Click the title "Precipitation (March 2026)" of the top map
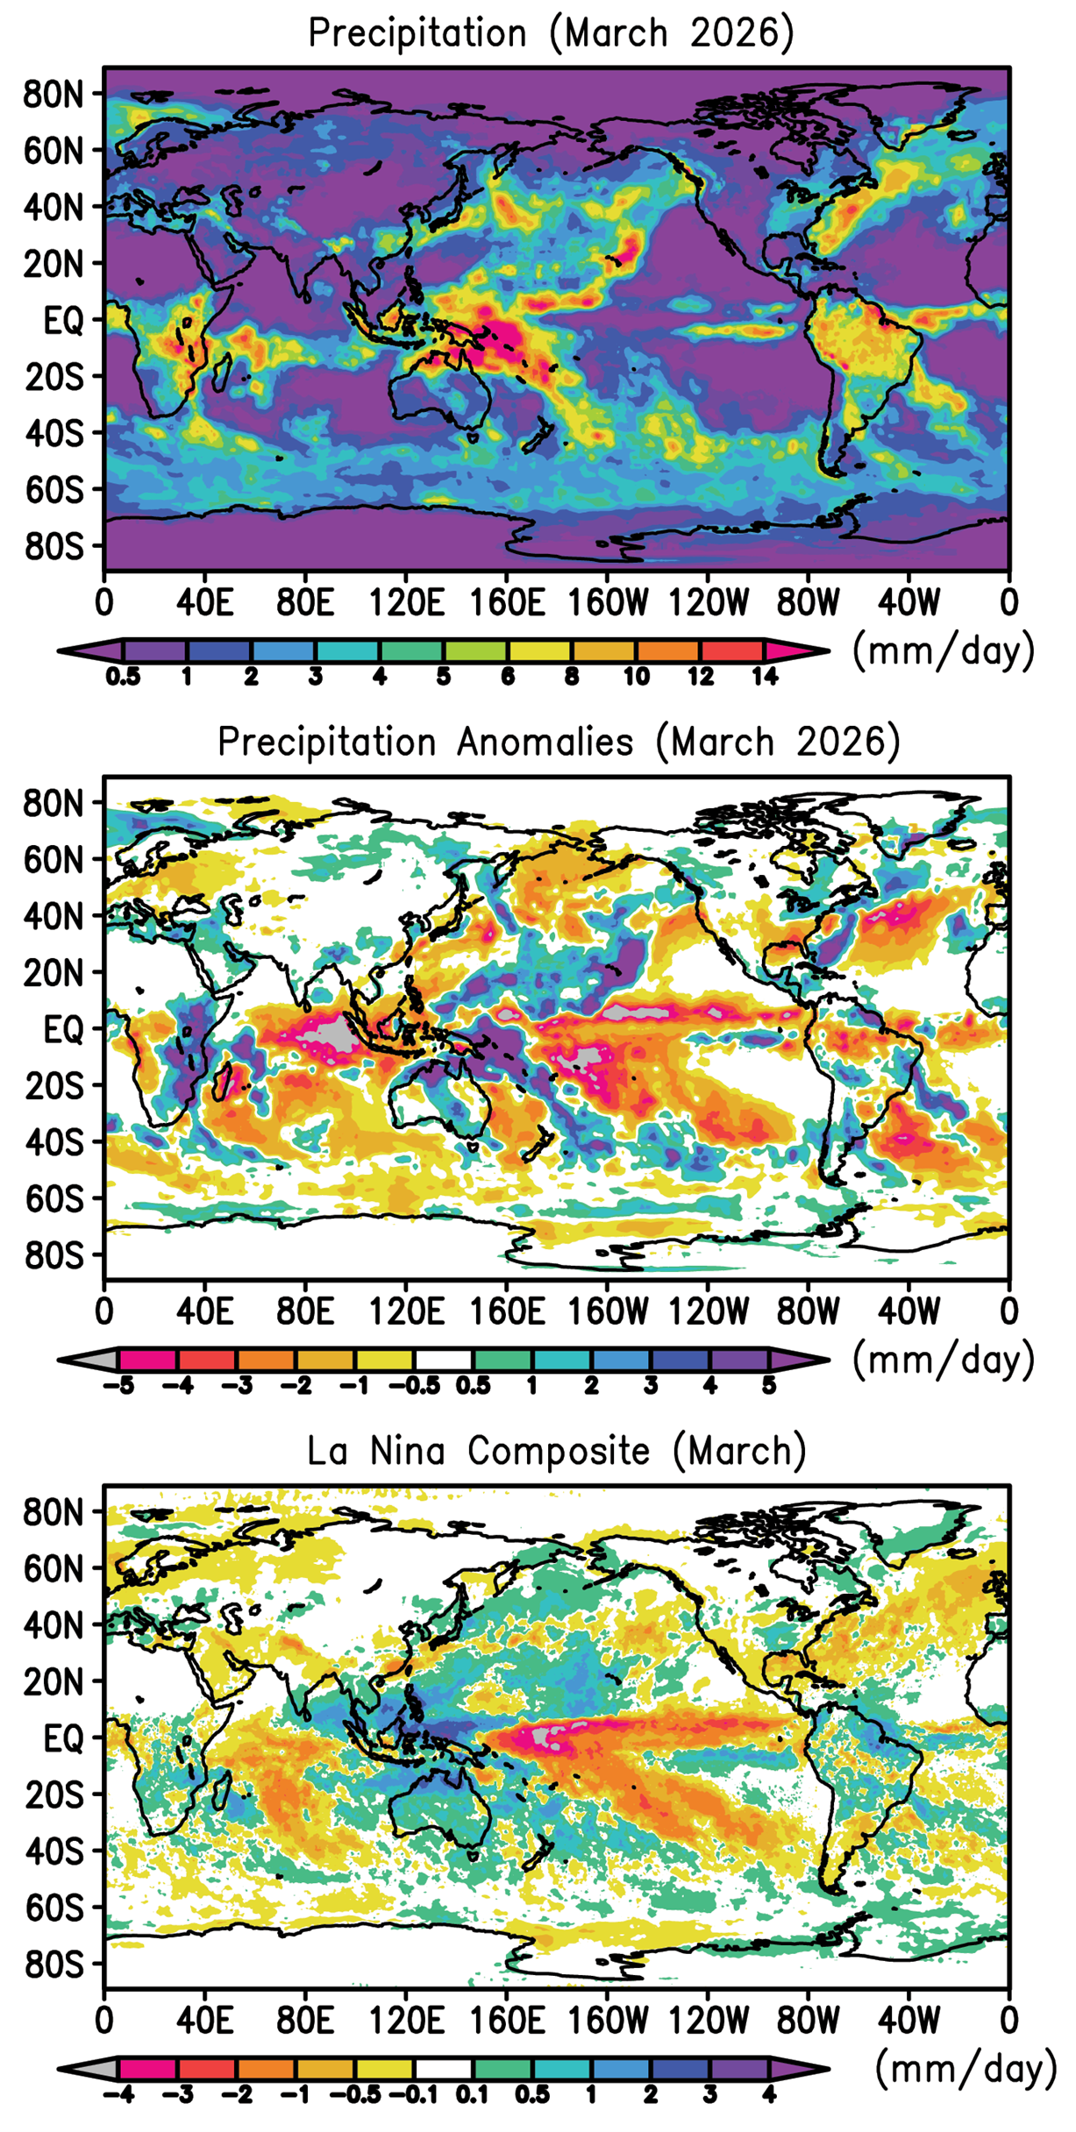coord(551,33)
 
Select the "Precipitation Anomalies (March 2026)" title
coord(559,743)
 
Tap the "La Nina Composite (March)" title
coord(556,1451)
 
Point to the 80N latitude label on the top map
coord(53,94)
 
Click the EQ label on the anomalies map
coord(63,1029)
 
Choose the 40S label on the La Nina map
coord(53,1851)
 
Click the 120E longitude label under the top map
coord(406,603)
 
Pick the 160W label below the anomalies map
coord(608,1312)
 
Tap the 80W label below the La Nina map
coord(808,2021)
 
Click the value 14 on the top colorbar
coord(765,677)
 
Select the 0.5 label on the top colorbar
coord(124,677)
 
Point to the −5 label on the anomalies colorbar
coord(119,1386)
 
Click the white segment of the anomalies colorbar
coord(443,1361)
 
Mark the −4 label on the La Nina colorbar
coord(118,2095)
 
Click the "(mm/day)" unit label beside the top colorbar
coord(944,651)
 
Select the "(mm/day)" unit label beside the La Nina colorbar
coord(966,2069)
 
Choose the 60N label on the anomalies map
coord(53,860)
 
